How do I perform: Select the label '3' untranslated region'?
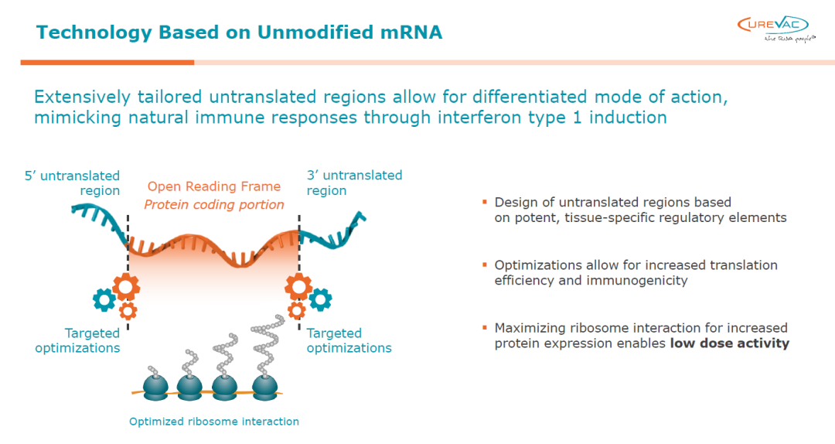pyautogui.click(x=354, y=183)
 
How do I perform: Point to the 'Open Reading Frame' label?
pyautogui.click(x=214, y=186)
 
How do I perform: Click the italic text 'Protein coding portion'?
pyautogui.click(x=214, y=205)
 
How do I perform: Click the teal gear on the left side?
pyautogui.click(x=103, y=299)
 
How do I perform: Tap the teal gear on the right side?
pyautogui.click(x=321, y=299)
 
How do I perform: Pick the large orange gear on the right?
pyautogui.click(x=298, y=287)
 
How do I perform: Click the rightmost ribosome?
pyautogui.click(x=267, y=385)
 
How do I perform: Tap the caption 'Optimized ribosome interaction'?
pyautogui.click(x=214, y=422)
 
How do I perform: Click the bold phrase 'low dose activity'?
pyautogui.click(x=729, y=343)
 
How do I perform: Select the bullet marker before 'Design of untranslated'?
pyautogui.click(x=485, y=202)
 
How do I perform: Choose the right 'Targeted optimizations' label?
pyautogui.click(x=349, y=340)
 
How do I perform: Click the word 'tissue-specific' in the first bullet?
pyautogui.click(x=598, y=217)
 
